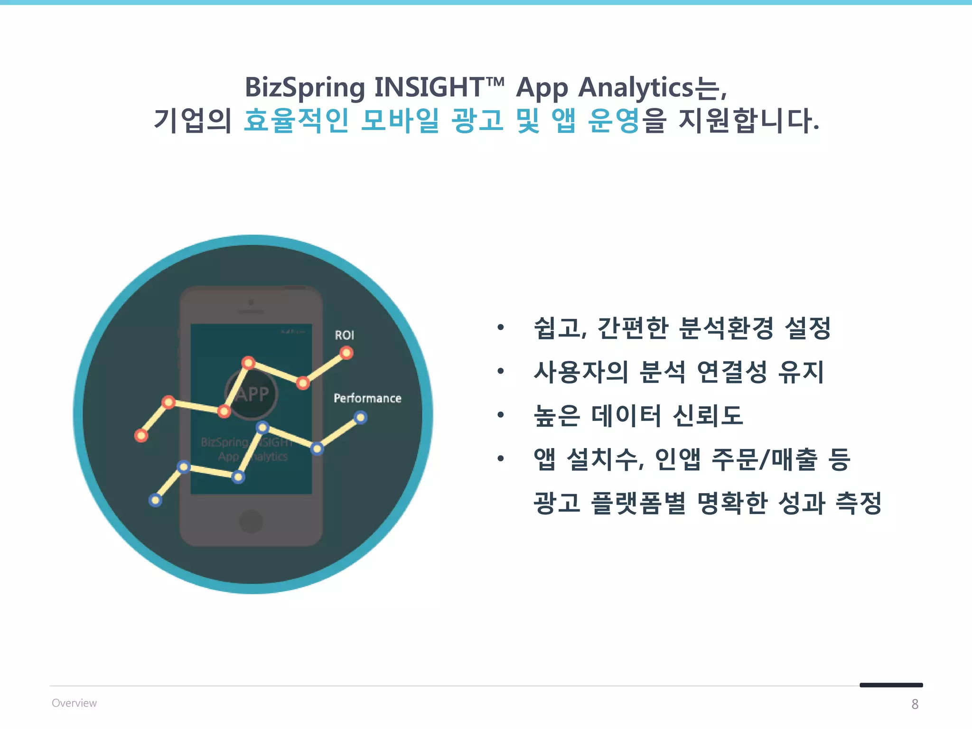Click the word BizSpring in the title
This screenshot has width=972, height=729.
(x=305, y=88)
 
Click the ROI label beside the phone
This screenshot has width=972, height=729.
(x=344, y=335)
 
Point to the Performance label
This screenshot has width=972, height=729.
(x=367, y=398)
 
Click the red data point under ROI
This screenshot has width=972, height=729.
(x=346, y=353)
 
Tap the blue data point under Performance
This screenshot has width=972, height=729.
(x=361, y=418)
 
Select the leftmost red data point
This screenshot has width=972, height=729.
(x=141, y=436)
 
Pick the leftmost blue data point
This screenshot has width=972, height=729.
(x=155, y=500)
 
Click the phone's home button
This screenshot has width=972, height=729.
(x=251, y=521)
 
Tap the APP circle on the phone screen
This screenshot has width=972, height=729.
(x=251, y=394)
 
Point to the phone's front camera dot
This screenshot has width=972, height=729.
(x=251, y=302)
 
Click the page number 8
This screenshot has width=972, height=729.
(x=915, y=704)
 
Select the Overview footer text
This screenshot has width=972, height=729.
(x=74, y=703)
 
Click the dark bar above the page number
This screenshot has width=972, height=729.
(x=891, y=685)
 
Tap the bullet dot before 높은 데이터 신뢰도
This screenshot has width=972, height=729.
(x=500, y=415)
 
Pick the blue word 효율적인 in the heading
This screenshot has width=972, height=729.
(x=296, y=120)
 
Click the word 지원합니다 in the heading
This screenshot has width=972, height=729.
(x=748, y=120)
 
